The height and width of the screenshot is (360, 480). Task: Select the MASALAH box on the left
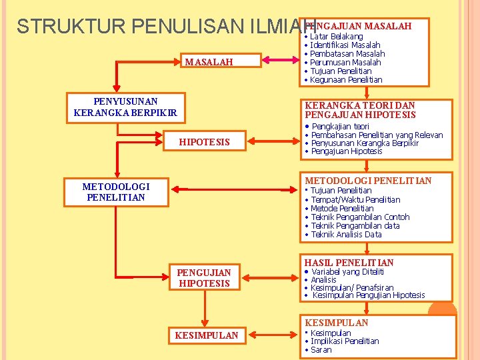pos(209,62)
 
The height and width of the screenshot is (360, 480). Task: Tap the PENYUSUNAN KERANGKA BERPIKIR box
pos(125,107)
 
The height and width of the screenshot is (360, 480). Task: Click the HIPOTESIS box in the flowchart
pos(204,142)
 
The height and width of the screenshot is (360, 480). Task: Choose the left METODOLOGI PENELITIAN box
pos(115,192)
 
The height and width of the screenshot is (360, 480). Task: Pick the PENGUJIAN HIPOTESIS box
pos(204,277)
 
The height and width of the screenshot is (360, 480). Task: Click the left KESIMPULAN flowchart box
pos(206,335)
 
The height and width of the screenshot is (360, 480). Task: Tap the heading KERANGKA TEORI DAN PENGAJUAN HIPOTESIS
pos(359,110)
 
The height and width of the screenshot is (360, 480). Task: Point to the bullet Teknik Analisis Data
pos(346,234)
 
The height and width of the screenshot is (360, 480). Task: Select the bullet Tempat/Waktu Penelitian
pos(355,199)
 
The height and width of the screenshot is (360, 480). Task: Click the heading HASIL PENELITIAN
pos(349,263)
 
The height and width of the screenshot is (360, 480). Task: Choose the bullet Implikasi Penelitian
pos(345,341)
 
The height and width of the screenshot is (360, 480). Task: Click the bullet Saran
pos(321,350)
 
